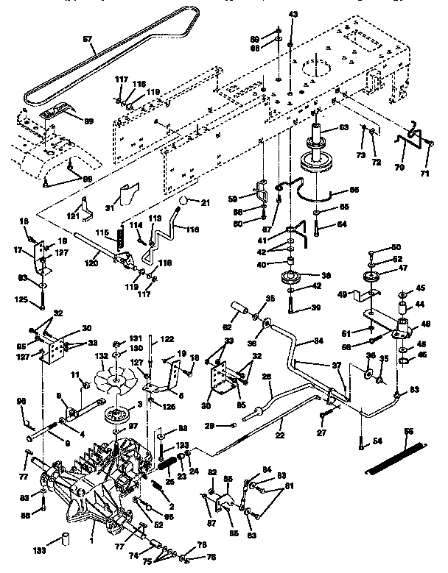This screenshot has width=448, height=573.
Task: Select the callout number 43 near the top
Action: (293, 14)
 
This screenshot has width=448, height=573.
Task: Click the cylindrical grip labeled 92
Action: (239, 306)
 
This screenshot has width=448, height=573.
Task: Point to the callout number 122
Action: (168, 339)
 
